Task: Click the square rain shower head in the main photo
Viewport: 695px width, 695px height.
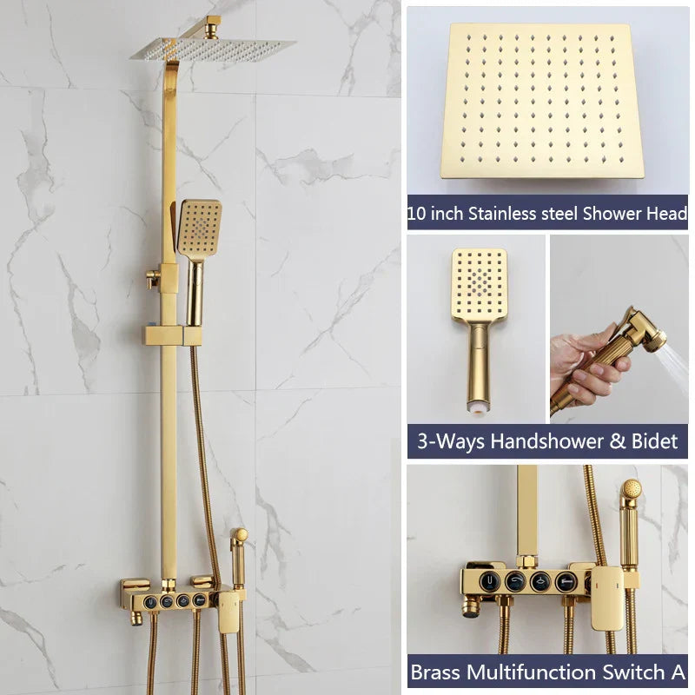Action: point(213,50)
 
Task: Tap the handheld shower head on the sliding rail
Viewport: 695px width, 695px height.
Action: point(199,228)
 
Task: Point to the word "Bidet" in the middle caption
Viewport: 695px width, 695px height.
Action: point(645,441)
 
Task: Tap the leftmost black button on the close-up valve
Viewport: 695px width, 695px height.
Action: point(492,580)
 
